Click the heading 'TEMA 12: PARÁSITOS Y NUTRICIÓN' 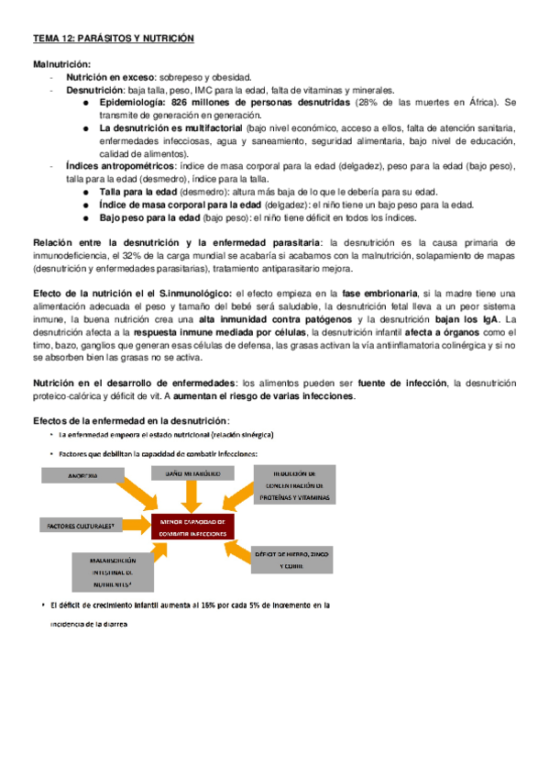[114, 39]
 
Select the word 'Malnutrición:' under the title [62, 65]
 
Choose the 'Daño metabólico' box [192, 473]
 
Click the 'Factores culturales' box [80, 527]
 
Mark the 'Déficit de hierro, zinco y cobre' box [292, 560]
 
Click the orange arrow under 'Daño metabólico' [192, 495]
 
